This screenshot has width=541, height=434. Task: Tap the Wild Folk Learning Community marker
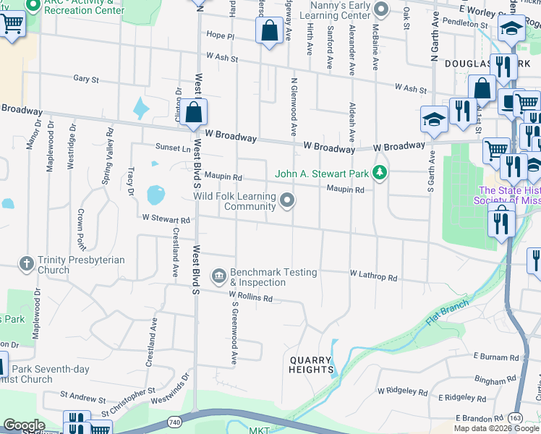(288, 200)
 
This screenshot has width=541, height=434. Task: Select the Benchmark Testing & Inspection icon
(218, 276)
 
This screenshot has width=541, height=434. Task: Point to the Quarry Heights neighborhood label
(310, 365)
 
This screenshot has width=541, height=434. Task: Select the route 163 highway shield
(515, 418)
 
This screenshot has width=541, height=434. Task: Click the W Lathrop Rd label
(373, 276)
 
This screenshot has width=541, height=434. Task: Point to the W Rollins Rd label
(250, 297)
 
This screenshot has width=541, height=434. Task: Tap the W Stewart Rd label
(166, 218)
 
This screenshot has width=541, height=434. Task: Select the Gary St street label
(85, 78)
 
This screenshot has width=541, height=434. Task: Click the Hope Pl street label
(221, 35)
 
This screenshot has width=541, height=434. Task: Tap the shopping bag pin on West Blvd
(194, 112)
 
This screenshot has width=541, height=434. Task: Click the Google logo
(23, 425)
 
